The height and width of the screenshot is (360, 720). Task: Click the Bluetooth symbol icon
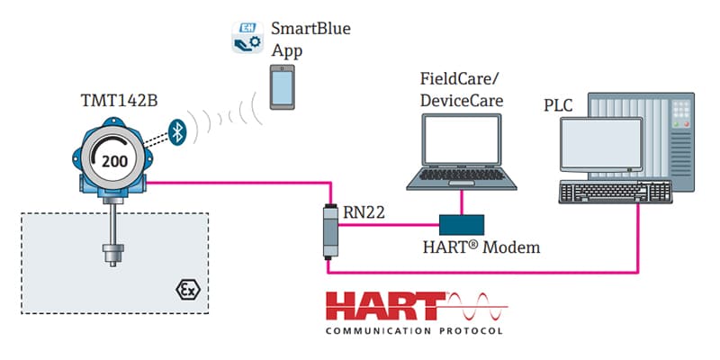177,132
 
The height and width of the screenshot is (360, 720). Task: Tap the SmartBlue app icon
247,37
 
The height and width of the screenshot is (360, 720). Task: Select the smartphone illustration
282,86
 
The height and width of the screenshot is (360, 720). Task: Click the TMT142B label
120,101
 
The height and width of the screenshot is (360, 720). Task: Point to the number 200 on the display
114,161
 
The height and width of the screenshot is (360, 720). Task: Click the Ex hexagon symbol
188,290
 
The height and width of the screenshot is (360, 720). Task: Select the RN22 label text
364,212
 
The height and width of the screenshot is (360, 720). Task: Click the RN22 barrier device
329,231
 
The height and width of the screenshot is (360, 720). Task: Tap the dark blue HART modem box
462,225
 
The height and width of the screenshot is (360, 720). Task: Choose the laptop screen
462,139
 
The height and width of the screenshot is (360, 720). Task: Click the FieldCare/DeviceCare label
461,88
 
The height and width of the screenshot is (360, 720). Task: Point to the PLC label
558,105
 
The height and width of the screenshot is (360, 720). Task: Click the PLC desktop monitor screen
601,144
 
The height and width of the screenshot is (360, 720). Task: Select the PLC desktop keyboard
616,192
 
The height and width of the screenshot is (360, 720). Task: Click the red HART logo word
385,306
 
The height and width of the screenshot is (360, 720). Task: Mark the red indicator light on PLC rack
687,123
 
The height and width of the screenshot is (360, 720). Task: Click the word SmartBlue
310,29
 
